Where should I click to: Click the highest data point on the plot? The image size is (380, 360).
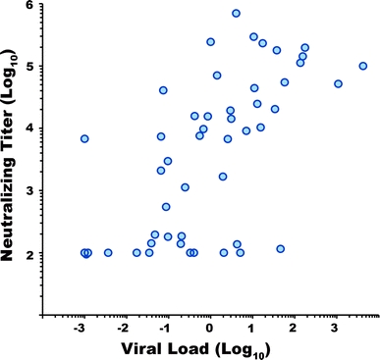click(x=236, y=14)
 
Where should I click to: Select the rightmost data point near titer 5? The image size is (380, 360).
click(x=362, y=67)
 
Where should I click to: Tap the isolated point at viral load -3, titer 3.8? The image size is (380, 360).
click(x=84, y=139)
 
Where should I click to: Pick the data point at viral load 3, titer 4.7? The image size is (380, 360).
click(x=338, y=84)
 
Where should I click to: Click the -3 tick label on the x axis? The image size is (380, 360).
click(x=81, y=331)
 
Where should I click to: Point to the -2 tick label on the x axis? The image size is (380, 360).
click(x=123, y=331)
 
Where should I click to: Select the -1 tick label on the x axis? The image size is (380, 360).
click(x=165, y=331)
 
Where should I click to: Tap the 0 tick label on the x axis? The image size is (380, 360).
click(x=209, y=331)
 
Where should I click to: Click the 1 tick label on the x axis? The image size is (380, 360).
click(x=252, y=331)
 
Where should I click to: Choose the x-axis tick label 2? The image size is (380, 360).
click(x=295, y=331)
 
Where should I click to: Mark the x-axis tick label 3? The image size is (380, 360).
click(x=338, y=331)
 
